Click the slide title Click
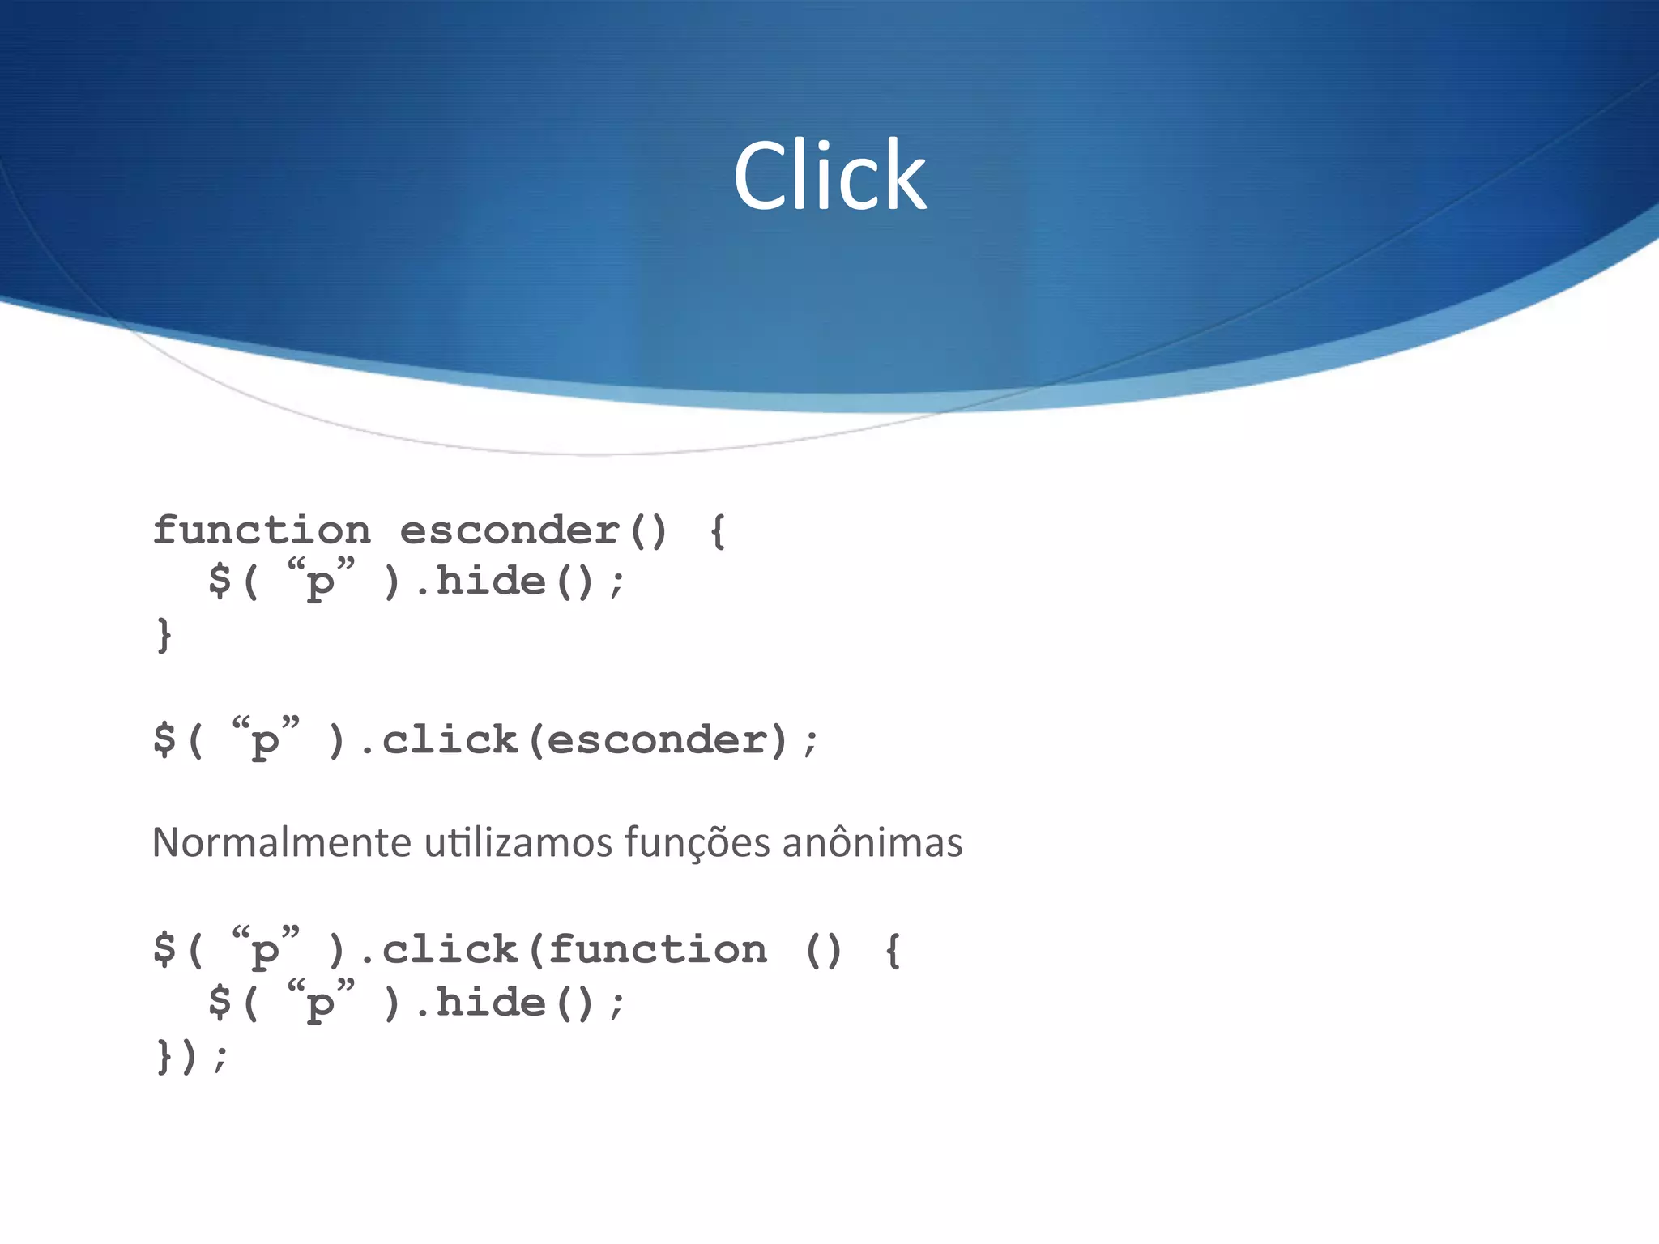tap(829, 176)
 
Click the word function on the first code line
tap(262, 531)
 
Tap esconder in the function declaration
tap(510, 531)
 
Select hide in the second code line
tap(491, 582)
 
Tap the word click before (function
tap(450, 950)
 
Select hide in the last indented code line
tap(491, 1003)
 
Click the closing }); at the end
tap(191, 1056)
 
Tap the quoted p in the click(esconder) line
tap(265, 739)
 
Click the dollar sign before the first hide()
tap(220, 582)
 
